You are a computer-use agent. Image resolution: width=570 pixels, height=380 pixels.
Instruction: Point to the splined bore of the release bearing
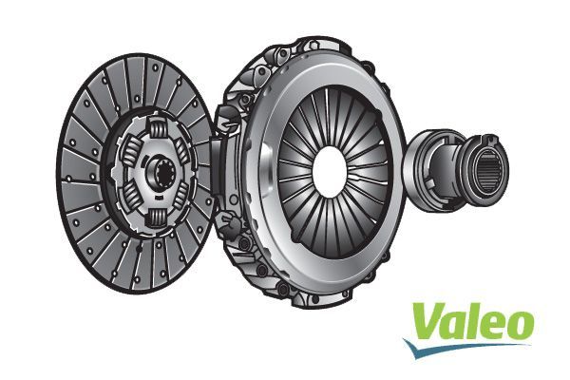click(x=491, y=171)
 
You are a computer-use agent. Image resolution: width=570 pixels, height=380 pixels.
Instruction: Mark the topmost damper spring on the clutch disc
click(x=158, y=131)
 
